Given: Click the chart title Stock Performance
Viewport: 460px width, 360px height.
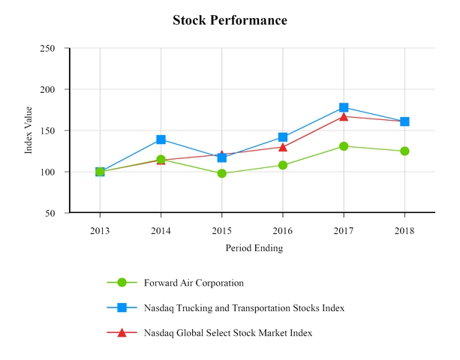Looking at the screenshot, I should click(230, 20).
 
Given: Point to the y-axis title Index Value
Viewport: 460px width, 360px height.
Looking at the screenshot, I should click(29, 130).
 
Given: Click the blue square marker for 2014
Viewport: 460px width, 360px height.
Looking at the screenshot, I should click(161, 139).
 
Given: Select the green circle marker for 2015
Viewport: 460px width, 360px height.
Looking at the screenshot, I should click(222, 173).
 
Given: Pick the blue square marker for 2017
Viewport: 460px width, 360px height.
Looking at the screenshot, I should click(344, 107).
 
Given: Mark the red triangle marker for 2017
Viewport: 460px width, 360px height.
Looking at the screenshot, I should click(344, 116).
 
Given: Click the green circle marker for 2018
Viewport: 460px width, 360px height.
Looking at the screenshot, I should click(404, 151).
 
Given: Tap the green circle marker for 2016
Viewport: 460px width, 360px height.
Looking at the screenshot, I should click(283, 165).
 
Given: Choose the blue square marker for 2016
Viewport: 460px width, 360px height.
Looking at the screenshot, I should click(283, 137).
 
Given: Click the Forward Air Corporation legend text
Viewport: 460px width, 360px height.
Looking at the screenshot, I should click(194, 283).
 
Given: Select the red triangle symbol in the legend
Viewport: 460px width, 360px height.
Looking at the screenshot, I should click(122, 332).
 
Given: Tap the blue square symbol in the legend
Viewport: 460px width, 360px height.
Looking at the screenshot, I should click(122, 307).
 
